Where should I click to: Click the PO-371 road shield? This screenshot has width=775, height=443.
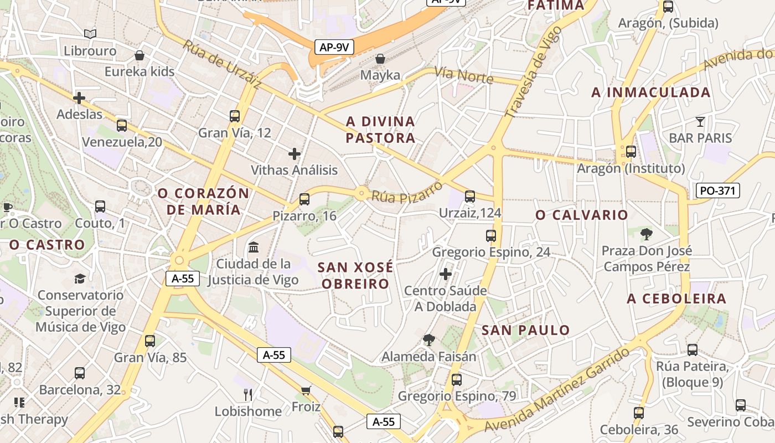[717, 191]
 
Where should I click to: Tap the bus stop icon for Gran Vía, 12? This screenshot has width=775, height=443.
[235, 116]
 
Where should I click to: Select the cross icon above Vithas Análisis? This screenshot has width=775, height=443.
[294, 153]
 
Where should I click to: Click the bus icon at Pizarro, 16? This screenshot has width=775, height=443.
[304, 199]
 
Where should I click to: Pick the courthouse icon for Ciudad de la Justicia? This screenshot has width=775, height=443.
[254, 247]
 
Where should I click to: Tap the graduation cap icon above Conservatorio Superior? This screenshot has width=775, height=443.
[80, 279]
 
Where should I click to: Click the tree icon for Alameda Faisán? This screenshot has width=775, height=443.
[428, 339]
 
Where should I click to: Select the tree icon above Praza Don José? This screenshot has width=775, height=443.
[646, 234]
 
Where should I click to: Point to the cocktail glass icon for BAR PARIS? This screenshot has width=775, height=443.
[700, 122]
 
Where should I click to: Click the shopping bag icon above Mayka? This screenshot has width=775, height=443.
[380, 58]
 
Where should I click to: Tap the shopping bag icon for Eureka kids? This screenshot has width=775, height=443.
[139, 55]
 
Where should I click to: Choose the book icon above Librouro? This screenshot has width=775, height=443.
[90, 34]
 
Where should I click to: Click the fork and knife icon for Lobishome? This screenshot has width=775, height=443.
[248, 394]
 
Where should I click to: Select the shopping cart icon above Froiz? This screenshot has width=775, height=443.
[306, 390]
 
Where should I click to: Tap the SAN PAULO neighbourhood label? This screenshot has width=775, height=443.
[525, 331]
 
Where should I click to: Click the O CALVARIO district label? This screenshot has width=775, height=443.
[581, 215]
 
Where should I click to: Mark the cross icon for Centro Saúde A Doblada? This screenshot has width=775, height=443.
[446, 274]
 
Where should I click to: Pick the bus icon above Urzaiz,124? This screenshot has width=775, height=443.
[470, 196]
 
